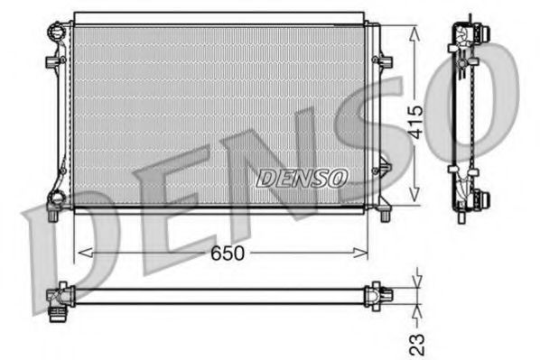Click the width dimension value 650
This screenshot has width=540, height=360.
coord(228,254)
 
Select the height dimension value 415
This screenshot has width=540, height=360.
coord(414,118)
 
